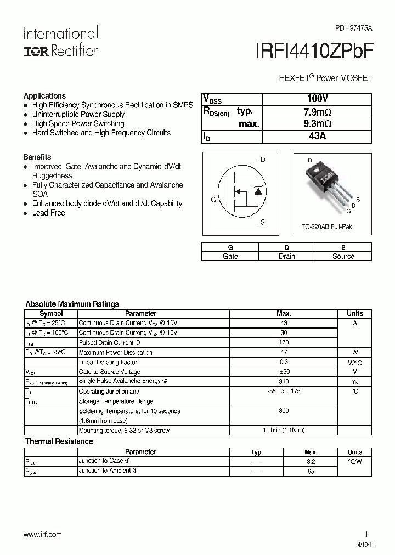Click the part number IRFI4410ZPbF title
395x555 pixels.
pos(314,51)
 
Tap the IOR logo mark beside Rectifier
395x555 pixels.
pos(36,51)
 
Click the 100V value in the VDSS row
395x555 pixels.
pos(317,99)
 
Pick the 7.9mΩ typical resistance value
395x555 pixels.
pos(317,112)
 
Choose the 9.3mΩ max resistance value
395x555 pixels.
pos(317,124)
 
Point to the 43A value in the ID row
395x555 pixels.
pos(317,136)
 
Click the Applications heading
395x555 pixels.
pos(44,95)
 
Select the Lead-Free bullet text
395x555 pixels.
pos(48,213)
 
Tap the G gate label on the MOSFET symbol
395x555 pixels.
pos(213,200)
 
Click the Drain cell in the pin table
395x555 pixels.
pos(286,256)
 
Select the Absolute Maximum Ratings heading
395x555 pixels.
pos(72,304)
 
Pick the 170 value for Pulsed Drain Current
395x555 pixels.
pos(284,342)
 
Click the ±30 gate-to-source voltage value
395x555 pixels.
pos(284,371)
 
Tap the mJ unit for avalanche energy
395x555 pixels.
pos(355,381)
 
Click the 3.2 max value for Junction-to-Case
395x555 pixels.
pos(311,462)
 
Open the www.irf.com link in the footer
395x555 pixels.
pos(43,534)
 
